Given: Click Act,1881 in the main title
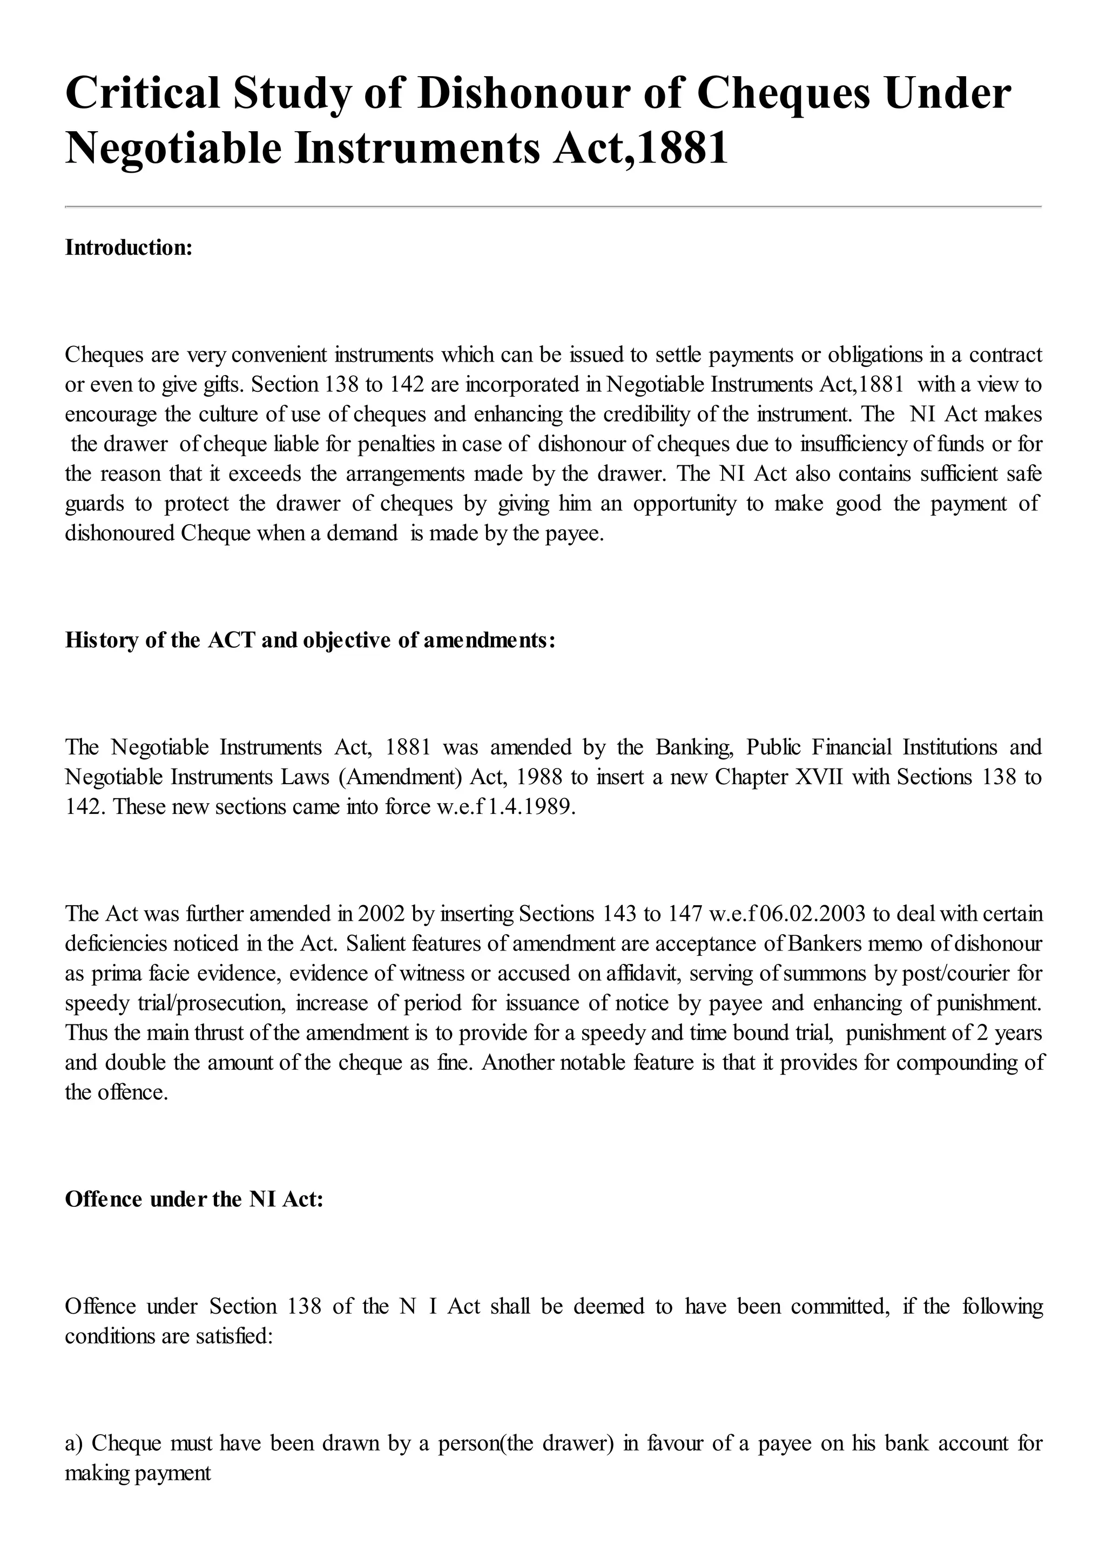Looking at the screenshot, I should pos(640,148).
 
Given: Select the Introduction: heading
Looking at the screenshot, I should pos(129,248).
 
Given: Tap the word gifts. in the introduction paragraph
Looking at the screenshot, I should pos(222,385).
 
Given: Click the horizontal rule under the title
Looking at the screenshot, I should pos(552,206).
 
